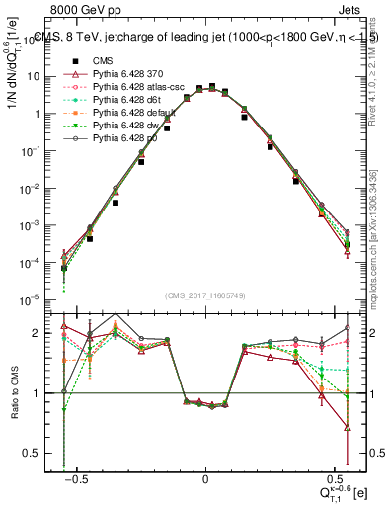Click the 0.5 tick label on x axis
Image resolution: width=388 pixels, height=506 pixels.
pyautogui.click(x=332, y=476)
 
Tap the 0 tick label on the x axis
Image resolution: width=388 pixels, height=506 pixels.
pyautogui.click(x=205, y=476)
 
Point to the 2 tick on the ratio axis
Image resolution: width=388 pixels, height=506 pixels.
pyautogui.click(x=42, y=333)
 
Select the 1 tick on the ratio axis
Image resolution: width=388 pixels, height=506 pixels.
pyautogui.click(x=42, y=393)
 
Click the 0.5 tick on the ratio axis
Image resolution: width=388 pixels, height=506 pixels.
pyautogui.click(x=39, y=453)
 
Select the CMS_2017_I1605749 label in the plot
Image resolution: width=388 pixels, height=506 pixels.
pyautogui.click(x=204, y=295)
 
